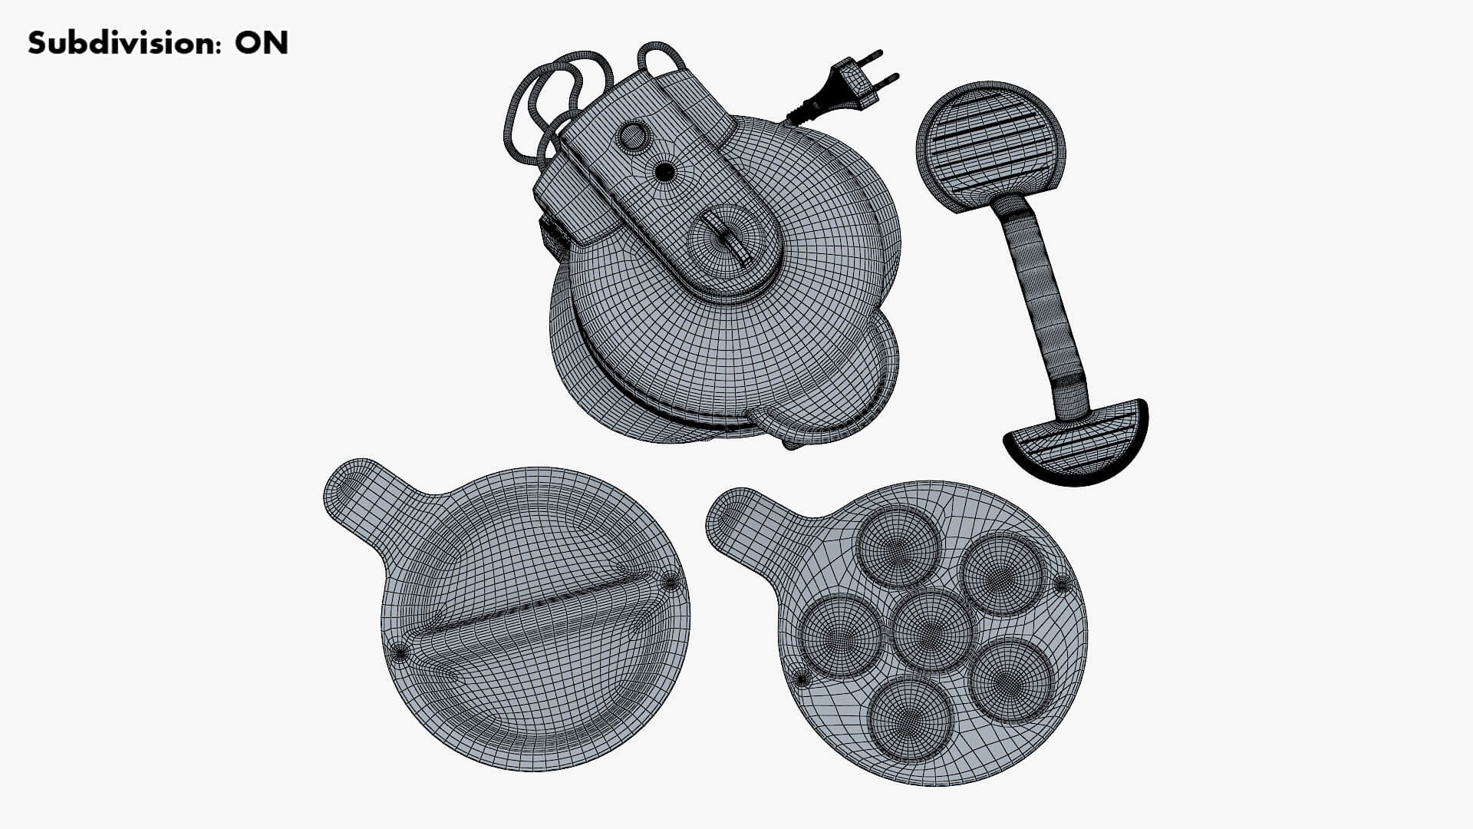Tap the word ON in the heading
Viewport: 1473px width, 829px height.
tap(262, 43)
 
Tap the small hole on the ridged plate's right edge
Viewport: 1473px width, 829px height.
tap(671, 582)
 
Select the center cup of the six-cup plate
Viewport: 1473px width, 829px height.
tap(931, 629)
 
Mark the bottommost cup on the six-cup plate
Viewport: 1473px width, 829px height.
tap(910, 717)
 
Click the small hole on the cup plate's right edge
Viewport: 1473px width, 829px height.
tap(1061, 585)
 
